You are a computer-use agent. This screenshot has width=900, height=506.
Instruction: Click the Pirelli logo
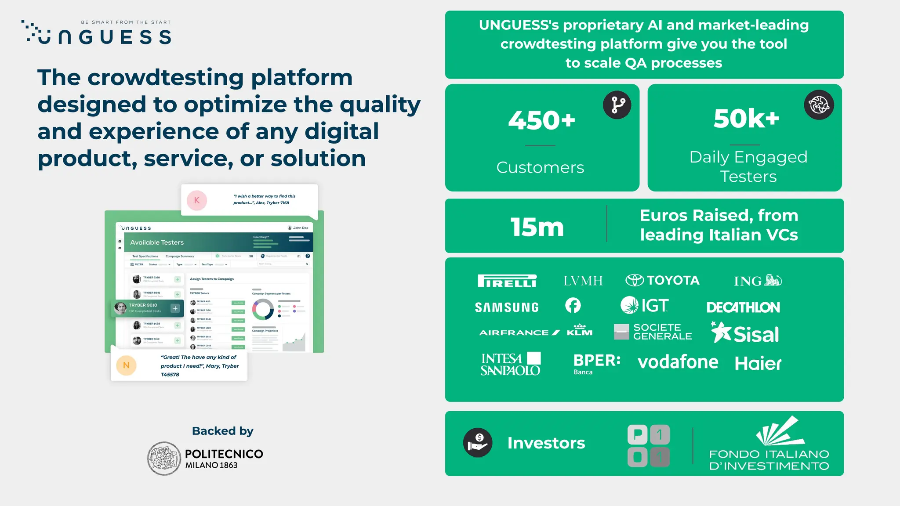507,281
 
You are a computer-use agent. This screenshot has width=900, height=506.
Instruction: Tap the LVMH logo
583,281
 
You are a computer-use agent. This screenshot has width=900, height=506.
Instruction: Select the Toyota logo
662,280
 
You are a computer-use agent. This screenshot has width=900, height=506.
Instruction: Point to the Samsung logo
507,307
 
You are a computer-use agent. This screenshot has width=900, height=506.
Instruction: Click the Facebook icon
573,305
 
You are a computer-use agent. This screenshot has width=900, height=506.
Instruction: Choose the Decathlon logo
743,307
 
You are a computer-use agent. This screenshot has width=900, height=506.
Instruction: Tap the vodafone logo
678,362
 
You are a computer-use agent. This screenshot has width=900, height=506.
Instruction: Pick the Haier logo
758,363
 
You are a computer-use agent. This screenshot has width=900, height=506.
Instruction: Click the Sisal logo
745,333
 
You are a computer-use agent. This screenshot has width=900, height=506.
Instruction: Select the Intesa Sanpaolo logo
510,364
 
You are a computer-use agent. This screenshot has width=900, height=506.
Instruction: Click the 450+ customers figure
541,120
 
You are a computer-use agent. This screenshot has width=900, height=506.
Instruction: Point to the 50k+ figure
746,118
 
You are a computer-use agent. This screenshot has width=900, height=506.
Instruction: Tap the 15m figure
537,227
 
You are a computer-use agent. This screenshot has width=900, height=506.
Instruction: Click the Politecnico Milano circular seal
164,459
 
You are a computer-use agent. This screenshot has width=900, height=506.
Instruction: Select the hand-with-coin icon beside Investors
478,443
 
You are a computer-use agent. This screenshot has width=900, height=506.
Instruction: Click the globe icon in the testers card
819,105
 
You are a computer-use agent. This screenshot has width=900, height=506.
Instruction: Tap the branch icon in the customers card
617,105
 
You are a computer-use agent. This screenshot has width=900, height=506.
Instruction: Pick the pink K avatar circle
197,200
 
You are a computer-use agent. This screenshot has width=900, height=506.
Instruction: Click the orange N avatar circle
126,365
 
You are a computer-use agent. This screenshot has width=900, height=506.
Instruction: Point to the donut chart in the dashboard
263,309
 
